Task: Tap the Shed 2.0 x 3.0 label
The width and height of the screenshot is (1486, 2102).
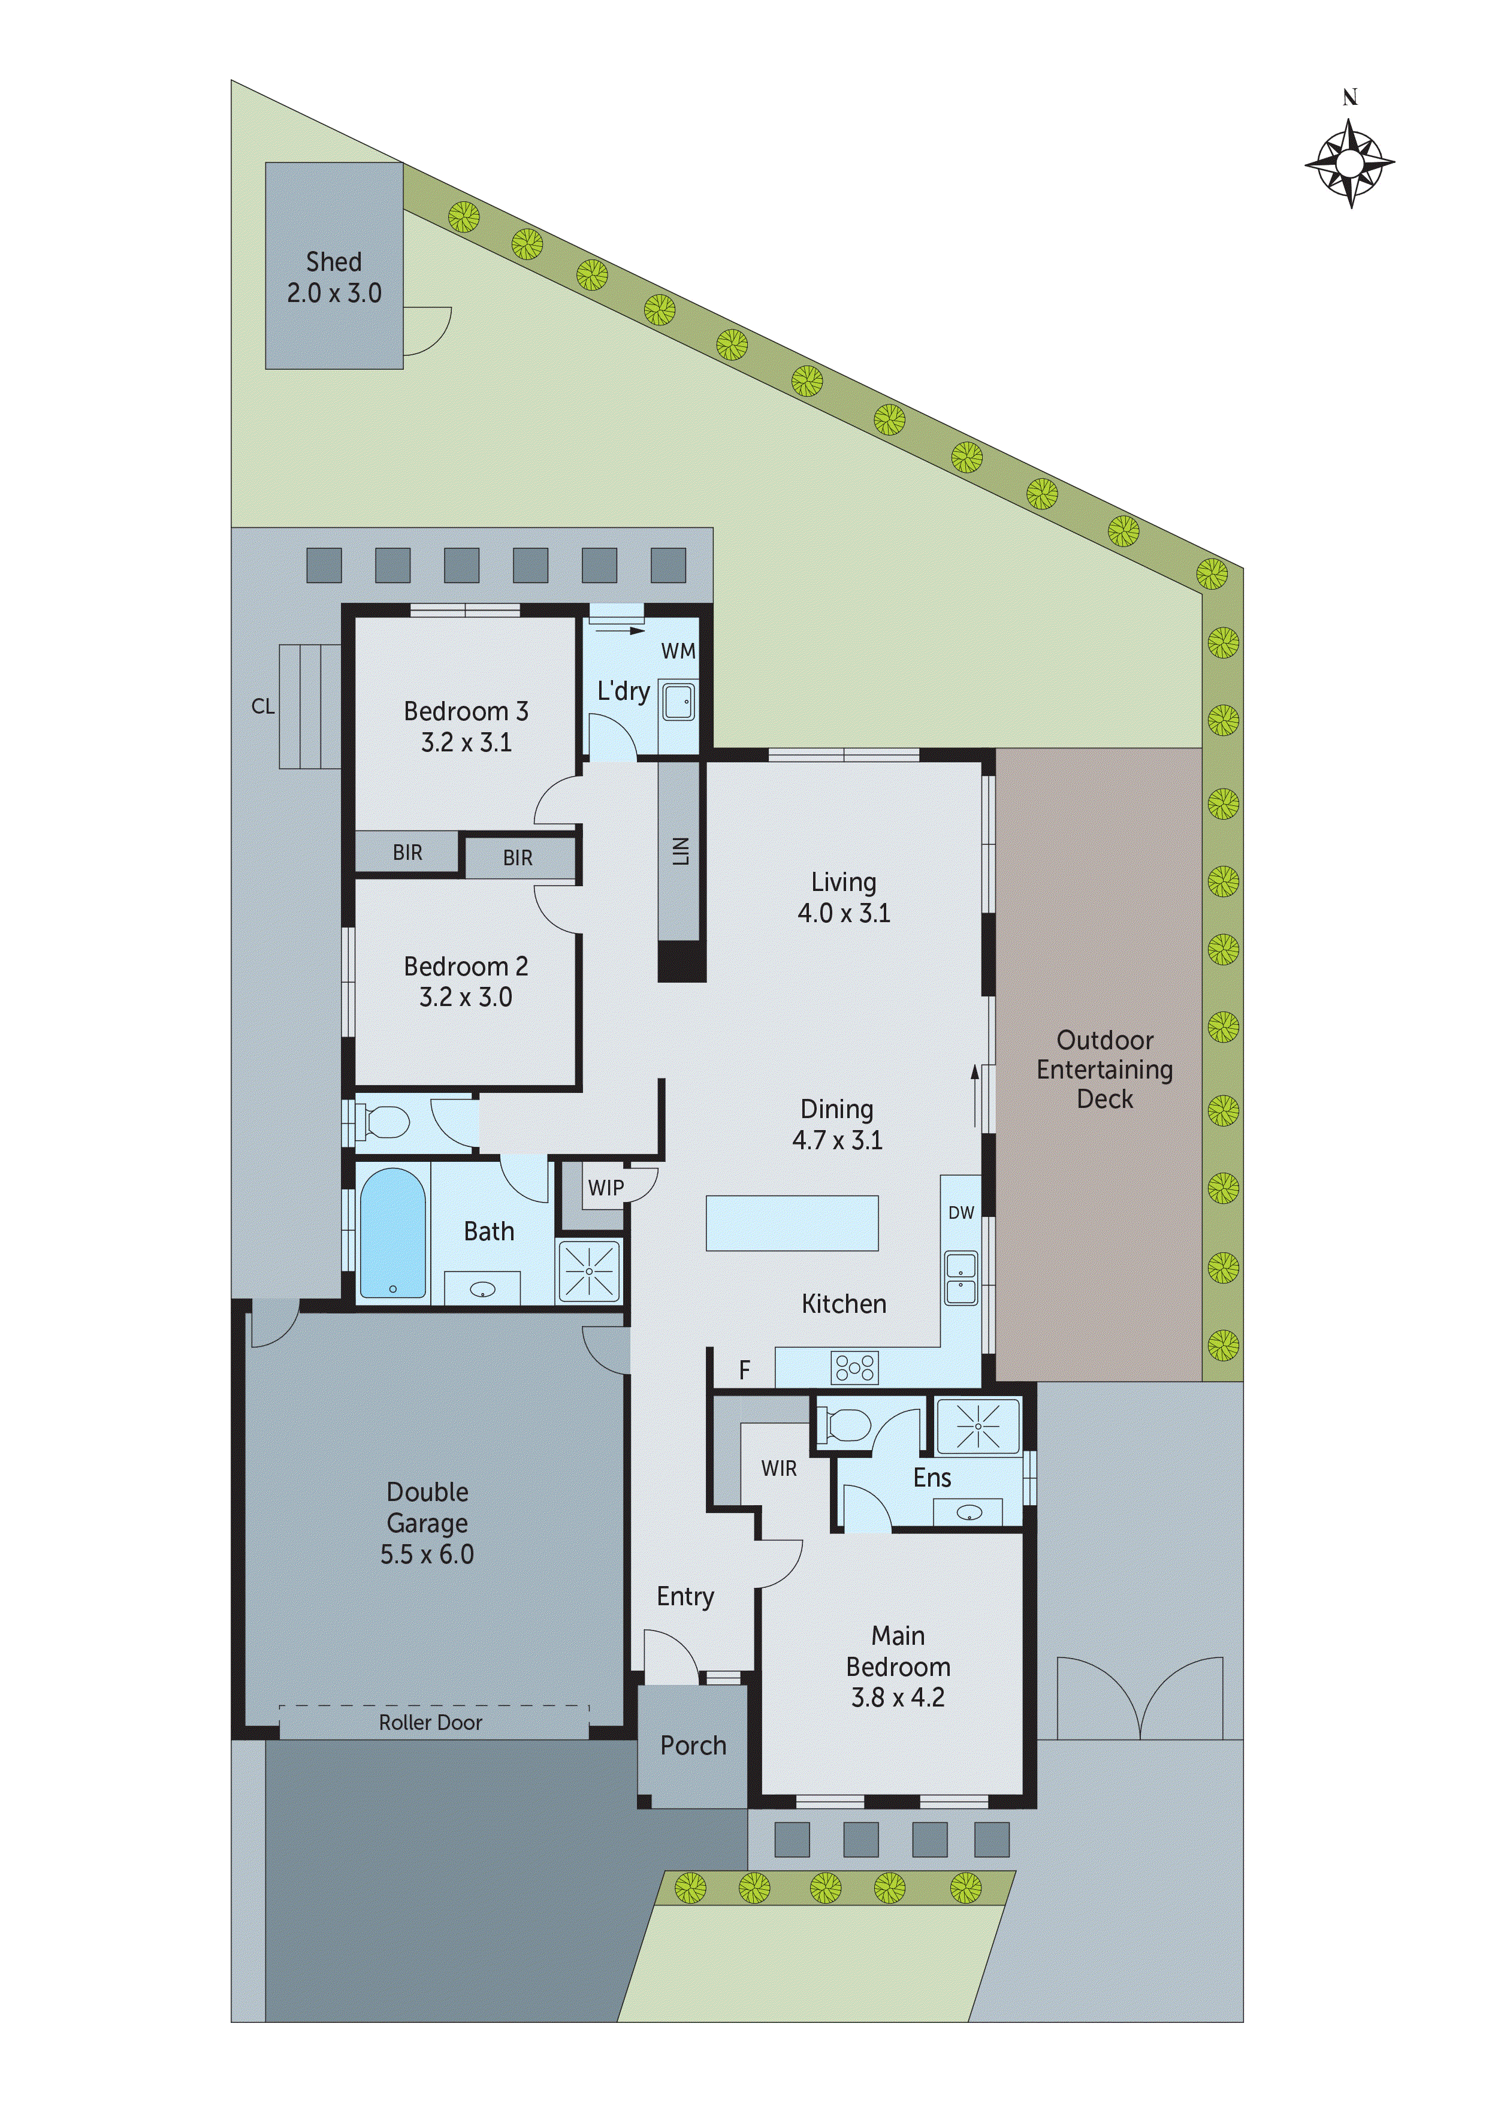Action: pyautogui.click(x=334, y=277)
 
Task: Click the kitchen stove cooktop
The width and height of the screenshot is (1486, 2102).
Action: pyautogui.click(x=854, y=1368)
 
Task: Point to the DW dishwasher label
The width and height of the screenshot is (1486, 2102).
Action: pyautogui.click(x=961, y=1213)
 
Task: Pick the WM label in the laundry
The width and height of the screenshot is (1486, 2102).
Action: pyautogui.click(x=678, y=651)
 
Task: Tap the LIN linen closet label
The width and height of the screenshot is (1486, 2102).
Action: pyautogui.click(x=680, y=851)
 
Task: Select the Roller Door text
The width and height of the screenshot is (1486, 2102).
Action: pyautogui.click(x=430, y=1723)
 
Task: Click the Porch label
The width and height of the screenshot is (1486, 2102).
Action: pyautogui.click(x=693, y=1746)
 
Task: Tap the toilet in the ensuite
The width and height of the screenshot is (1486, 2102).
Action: pyautogui.click(x=847, y=1424)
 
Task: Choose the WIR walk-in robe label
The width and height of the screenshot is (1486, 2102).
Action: pyautogui.click(x=778, y=1469)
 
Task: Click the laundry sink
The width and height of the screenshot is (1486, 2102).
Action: pyautogui.click(x=678, y=702)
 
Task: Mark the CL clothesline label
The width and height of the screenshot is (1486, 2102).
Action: pyautogui.click(x=263, y=706)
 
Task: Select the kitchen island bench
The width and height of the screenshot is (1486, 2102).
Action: pyautogui.click(x=792, y=1223)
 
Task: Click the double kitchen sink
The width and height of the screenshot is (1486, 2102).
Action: pyautogui.click(x=961, y=1279)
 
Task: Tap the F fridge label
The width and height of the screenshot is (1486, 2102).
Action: pyautogui.click(x=744, y=1370)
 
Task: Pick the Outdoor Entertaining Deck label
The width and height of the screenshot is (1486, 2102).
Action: pyautogui.click(x=1104, y=1070)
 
